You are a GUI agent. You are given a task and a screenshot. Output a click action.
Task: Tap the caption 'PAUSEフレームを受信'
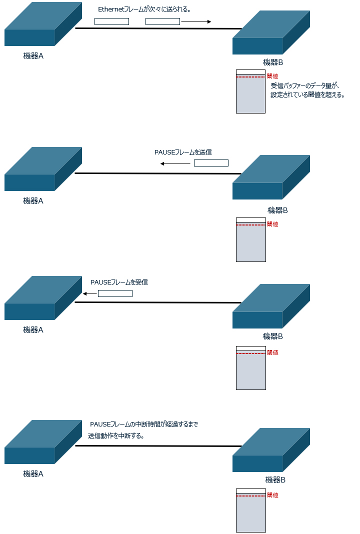pos(119,282)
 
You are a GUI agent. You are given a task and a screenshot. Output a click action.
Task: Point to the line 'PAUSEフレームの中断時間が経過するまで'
pos(144,424)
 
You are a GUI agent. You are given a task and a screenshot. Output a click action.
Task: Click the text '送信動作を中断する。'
pos(116,435)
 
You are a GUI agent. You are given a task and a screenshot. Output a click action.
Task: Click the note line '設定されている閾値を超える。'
pos(307,95)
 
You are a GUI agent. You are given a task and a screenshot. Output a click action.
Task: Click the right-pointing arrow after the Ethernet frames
pos(196,21)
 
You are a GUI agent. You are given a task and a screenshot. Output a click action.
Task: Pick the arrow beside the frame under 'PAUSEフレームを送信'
pos(175,163)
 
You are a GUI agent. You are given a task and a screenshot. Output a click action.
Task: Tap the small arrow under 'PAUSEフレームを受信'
pos(90,293)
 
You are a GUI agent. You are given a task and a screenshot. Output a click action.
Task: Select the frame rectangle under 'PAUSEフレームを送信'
pos(211,163)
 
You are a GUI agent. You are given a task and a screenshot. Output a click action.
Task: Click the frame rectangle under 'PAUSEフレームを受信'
pos(115,293)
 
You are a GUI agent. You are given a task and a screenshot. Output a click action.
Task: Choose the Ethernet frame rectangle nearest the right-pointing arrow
pos(162,21)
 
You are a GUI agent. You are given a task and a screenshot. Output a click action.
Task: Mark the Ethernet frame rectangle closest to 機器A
pos(111,21)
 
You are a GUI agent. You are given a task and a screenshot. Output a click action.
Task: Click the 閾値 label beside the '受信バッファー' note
pos(272,76)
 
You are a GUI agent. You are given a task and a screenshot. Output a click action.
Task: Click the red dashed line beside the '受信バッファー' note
pos(250,77)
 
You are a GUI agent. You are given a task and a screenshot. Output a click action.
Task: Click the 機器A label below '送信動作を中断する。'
pos(33,473)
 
